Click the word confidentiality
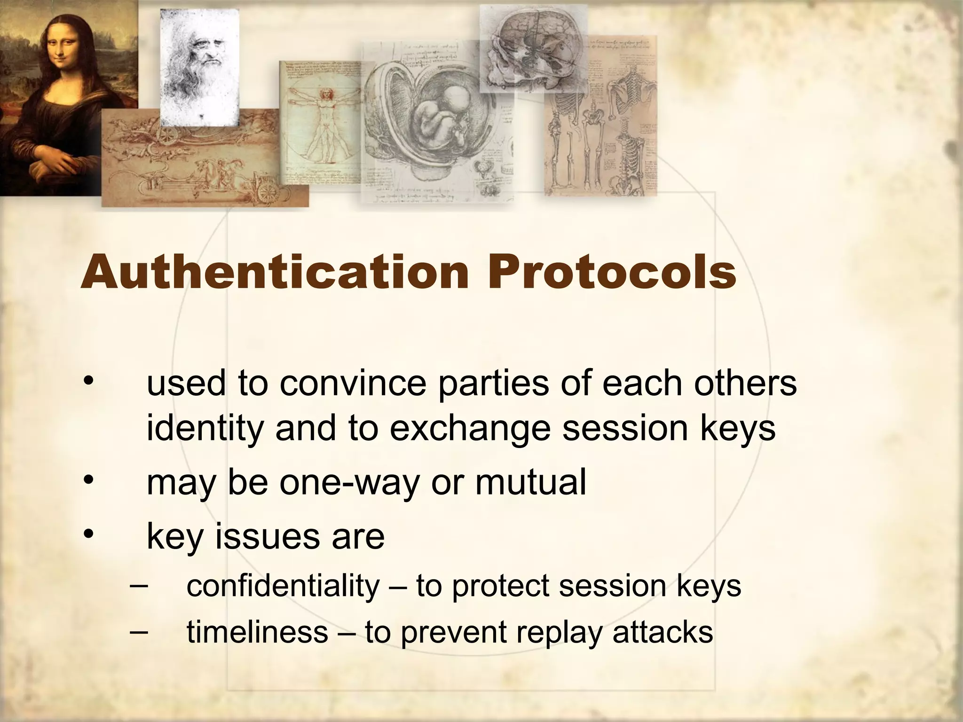[283, 586]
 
